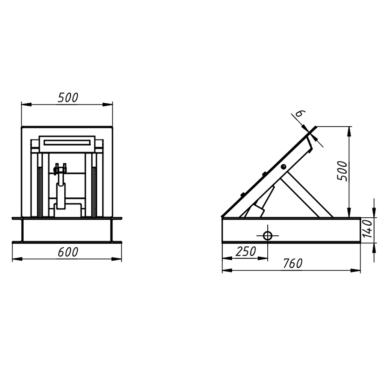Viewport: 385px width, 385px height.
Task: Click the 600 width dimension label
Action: click(68, 252)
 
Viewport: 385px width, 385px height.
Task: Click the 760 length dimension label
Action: click(293, 264)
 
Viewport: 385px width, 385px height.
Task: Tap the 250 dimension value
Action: click(246, 251)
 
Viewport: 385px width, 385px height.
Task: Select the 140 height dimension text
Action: click(368, 229)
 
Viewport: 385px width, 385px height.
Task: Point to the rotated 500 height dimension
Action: click(342, 171)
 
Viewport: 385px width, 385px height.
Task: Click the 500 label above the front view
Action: click(68, 97)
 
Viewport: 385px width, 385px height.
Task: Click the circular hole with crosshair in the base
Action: click(268, 236)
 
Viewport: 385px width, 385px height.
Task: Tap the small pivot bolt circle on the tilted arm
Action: click(283, 167)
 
